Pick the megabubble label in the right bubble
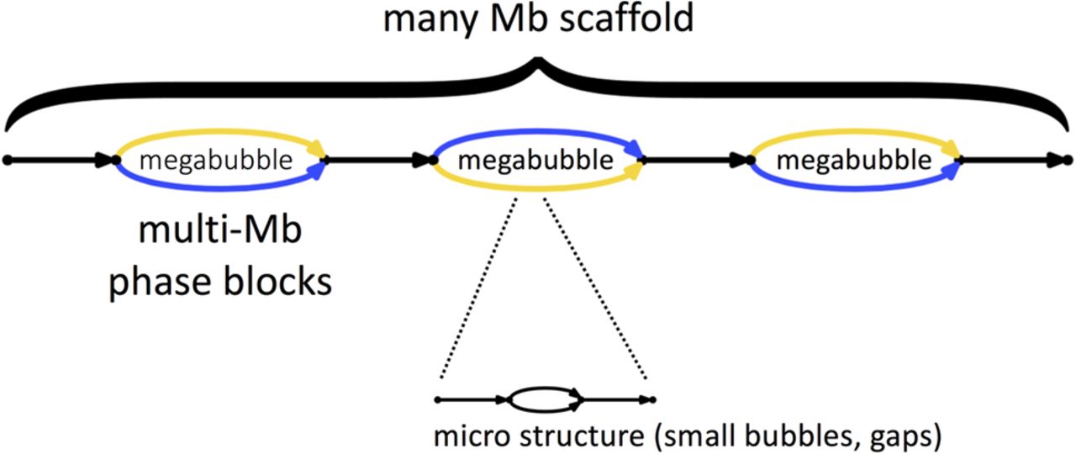point(853,160)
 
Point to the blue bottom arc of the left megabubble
point(219,184)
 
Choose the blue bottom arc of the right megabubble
point(853,184)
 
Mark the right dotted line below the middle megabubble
point(593,286)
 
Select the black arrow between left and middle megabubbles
point(378,159)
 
